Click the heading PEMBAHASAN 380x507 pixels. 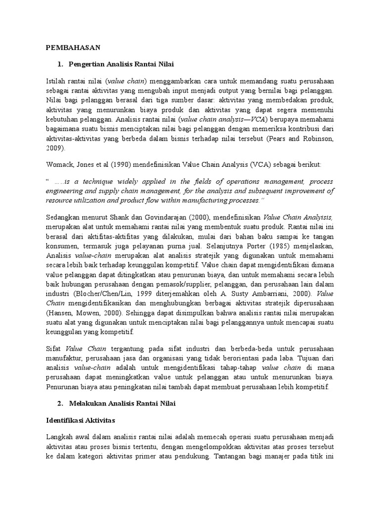[73, 48]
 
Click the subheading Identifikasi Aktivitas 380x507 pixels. [80, 421]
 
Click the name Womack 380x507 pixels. [59, 164]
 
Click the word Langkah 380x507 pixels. [60, 438]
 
